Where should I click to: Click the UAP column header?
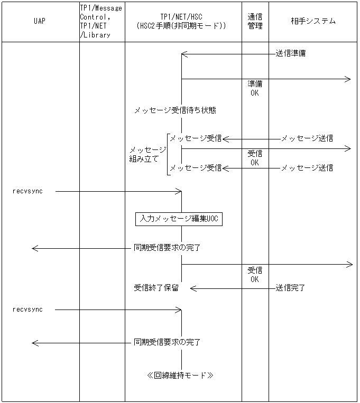pos(40,21)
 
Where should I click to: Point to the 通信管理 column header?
pos(255,21)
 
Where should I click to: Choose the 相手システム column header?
pos(313,21)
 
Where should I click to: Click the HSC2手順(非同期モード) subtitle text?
pos(181,25)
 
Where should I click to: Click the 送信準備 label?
pos(290,53)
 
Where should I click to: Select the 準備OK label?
pos(255,88)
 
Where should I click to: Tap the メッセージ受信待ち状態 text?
pos(174,110)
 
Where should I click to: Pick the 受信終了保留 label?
pos(156,288)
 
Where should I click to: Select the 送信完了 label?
pos(290,288)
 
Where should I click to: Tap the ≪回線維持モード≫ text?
pos(180,376)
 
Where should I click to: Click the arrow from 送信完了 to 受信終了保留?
pos(233,288)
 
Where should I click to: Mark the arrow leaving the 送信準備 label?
pos(227,53)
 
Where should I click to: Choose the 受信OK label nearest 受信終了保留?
pos(255,275)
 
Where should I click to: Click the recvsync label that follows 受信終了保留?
pos(27,310)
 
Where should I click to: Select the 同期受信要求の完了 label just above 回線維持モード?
pos(167,342)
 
